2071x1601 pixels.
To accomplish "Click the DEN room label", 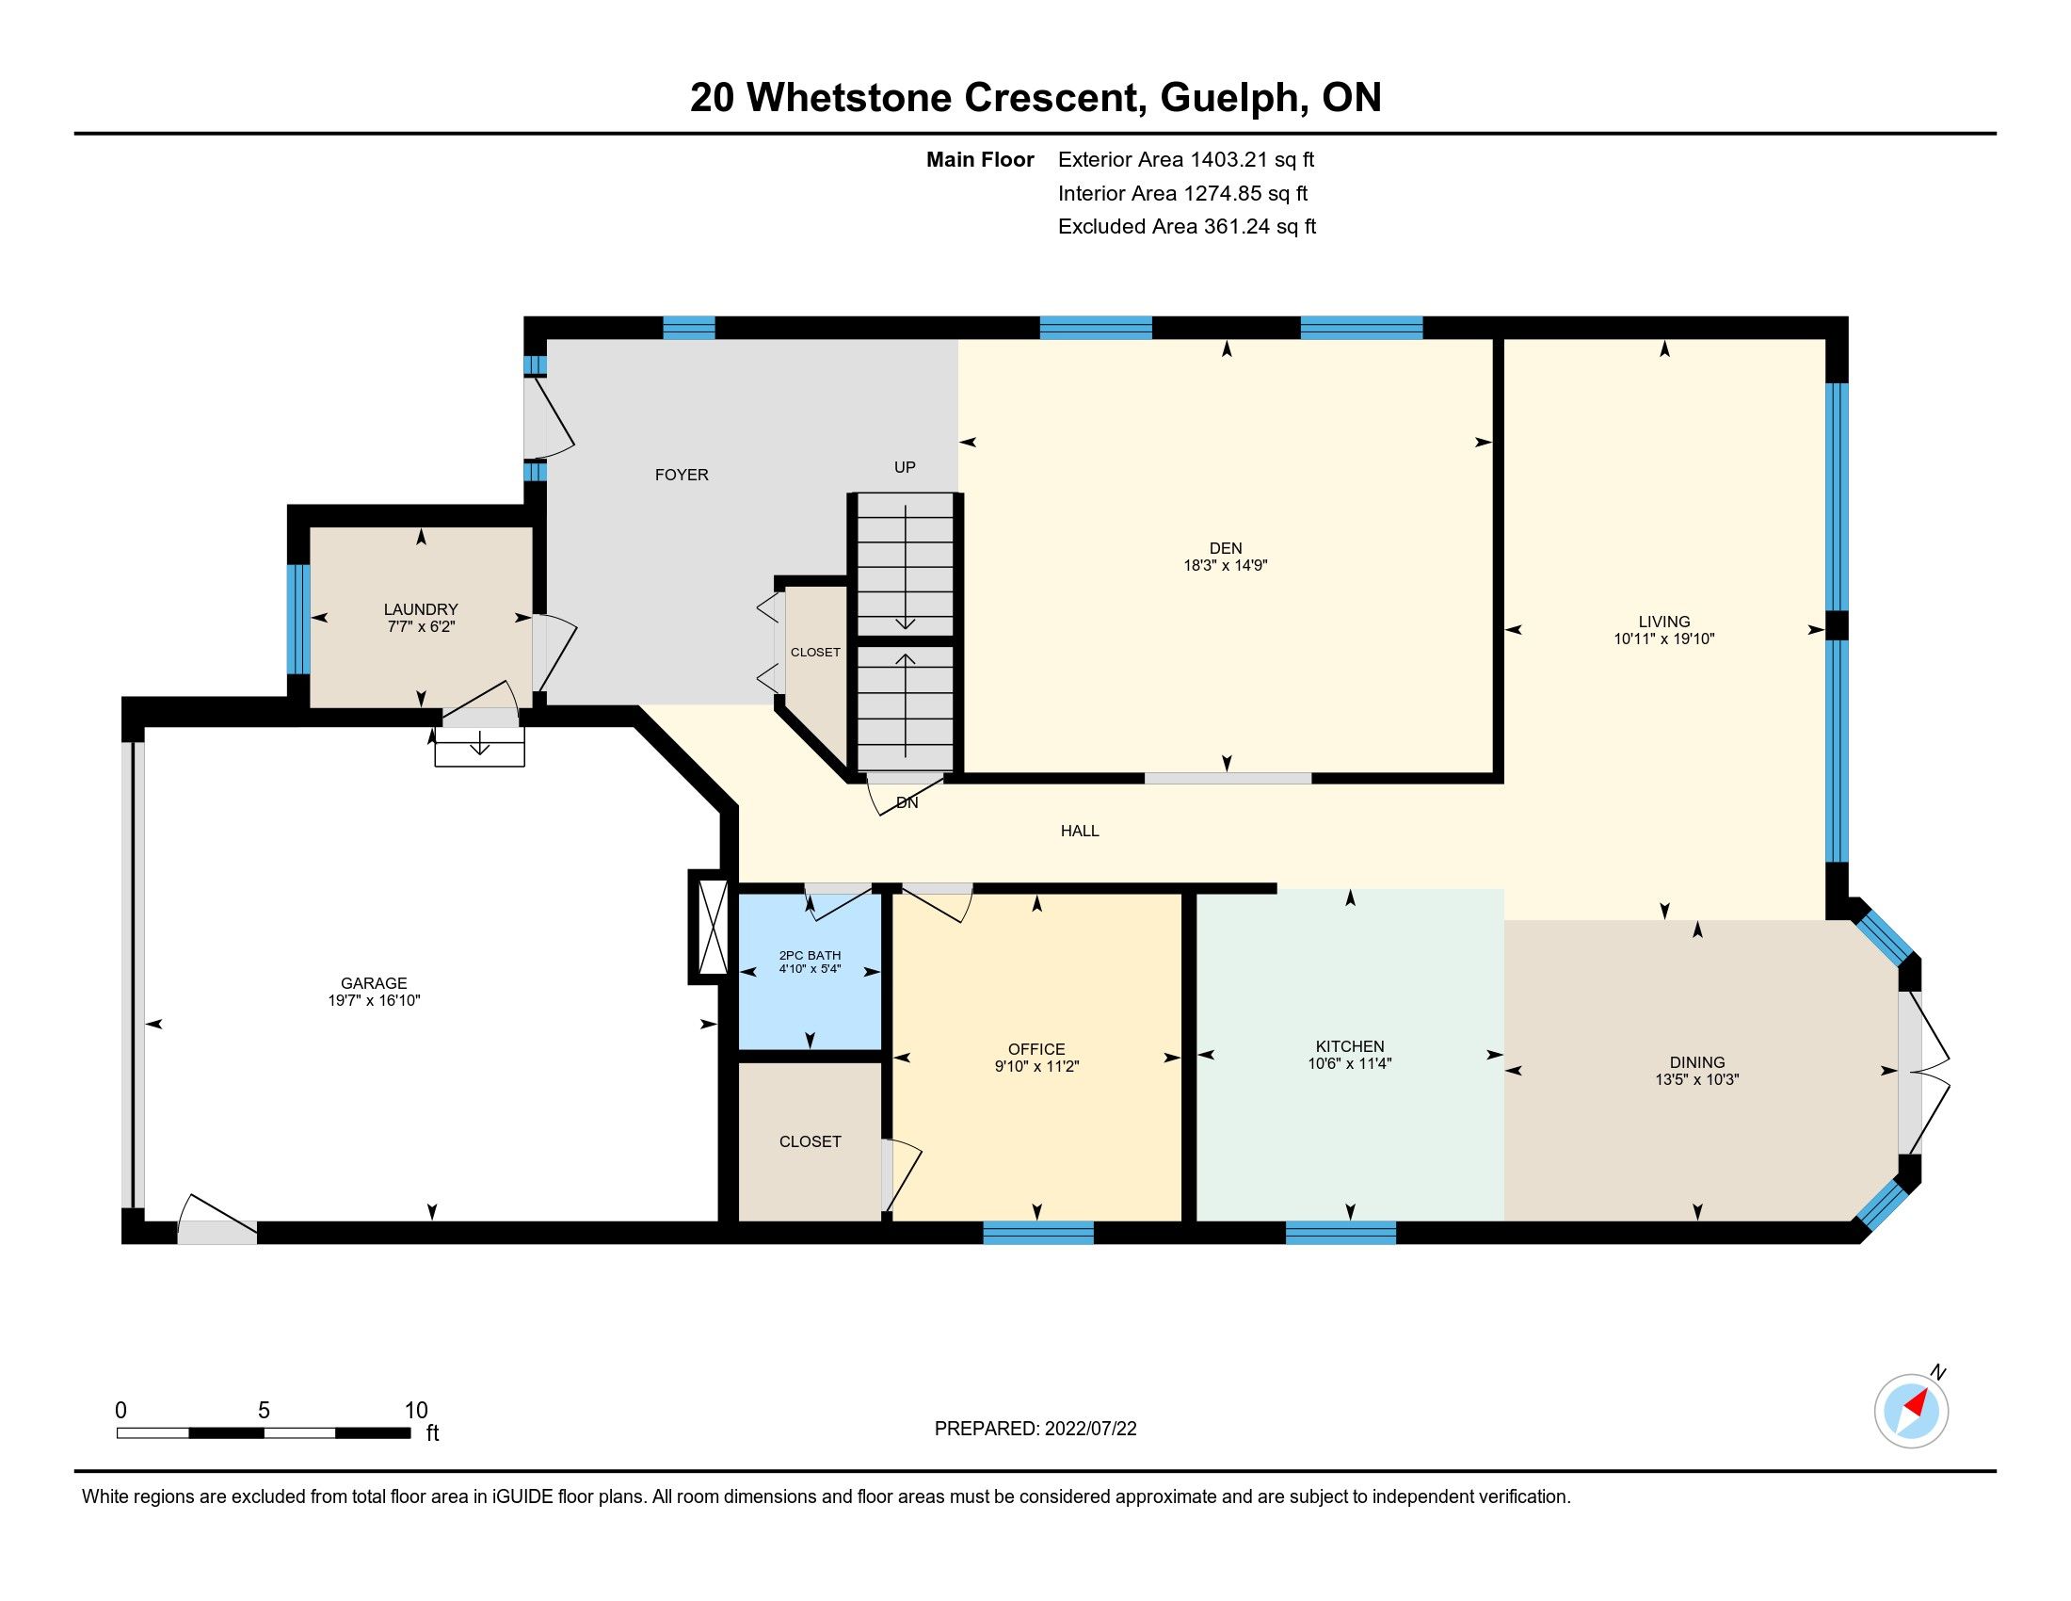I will [x=1225, y=548].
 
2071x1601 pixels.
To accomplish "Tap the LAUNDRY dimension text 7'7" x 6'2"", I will [x=421, y=627].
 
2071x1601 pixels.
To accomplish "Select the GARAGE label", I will [x=374, y=983].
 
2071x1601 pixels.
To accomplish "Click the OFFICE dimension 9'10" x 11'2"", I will [x=1036, y=1066].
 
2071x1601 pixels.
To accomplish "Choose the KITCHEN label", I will [x=1349, y=1046].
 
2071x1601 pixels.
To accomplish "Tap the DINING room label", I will [x=1696, y=1062].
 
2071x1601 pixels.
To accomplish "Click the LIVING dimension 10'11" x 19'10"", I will [x=1663, y=639].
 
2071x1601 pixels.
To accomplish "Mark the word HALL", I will [x=1079, y=831].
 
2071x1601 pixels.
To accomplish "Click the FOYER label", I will [x=681, y=476].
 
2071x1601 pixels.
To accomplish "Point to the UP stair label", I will [x=905, y=466].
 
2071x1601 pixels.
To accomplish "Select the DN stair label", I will [x=907, y=802].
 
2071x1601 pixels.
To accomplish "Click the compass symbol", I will [x=1911, y=1411].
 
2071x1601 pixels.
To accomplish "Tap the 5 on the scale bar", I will [x=264, y=1411].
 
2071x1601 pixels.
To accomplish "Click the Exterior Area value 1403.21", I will [x=1228, y=159].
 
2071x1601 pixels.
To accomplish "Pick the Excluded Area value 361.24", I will [x=1237, y=227].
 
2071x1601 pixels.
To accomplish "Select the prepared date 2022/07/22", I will [x=1089, y=1429].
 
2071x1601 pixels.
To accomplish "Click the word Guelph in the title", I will [x=1228, y=98].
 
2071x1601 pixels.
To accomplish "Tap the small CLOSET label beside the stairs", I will [x=814, y=653].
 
